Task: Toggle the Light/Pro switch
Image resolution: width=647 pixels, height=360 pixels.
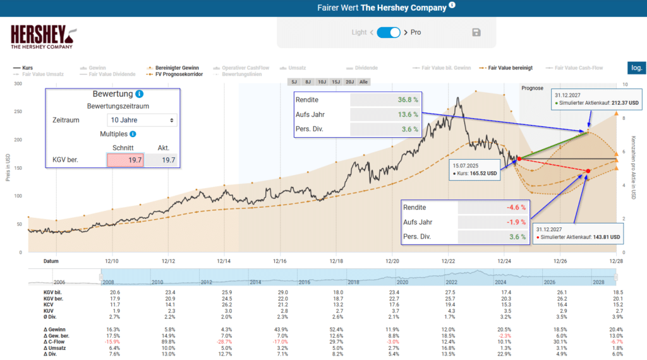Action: click(x=389, y=32)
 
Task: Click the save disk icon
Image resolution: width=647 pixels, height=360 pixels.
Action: click(x=476, y=32)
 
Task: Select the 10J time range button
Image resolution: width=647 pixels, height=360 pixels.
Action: click(x=322, y=81)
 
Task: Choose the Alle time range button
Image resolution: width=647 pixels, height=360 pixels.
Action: click(x=363, y=81)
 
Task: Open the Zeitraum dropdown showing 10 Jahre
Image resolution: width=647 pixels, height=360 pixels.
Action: click(x=142, y=119)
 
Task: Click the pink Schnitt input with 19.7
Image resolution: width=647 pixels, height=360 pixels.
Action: click(x=126, y=160)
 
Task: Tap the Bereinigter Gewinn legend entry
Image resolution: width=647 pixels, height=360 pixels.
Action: click(x=173, y=66)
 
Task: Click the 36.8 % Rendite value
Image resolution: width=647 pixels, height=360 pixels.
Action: click(x=408, y=100)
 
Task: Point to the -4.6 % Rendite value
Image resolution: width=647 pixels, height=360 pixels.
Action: click(x=515, y=207)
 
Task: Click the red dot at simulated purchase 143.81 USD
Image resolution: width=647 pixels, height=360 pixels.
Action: click(x=588, y=171)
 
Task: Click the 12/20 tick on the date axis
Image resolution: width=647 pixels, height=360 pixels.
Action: click(x=392, y=260)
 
